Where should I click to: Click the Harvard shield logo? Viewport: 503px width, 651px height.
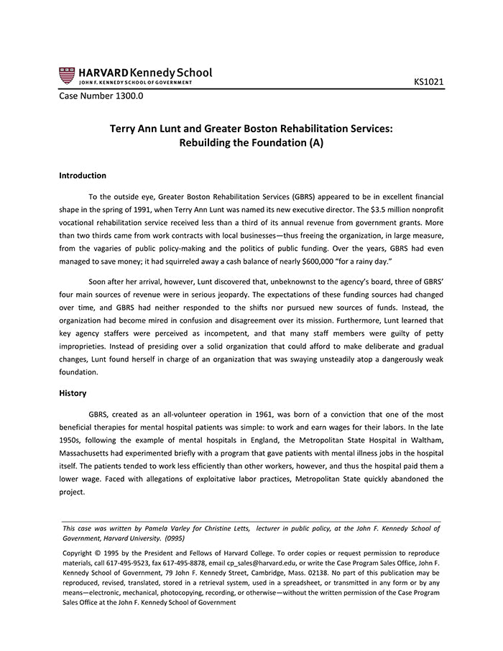[x=66, y=75]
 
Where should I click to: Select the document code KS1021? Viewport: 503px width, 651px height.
[x=428, y=82]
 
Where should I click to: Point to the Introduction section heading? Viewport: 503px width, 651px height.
[x=83, y=175]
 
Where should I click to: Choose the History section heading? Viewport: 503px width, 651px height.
[x=73, y=393]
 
